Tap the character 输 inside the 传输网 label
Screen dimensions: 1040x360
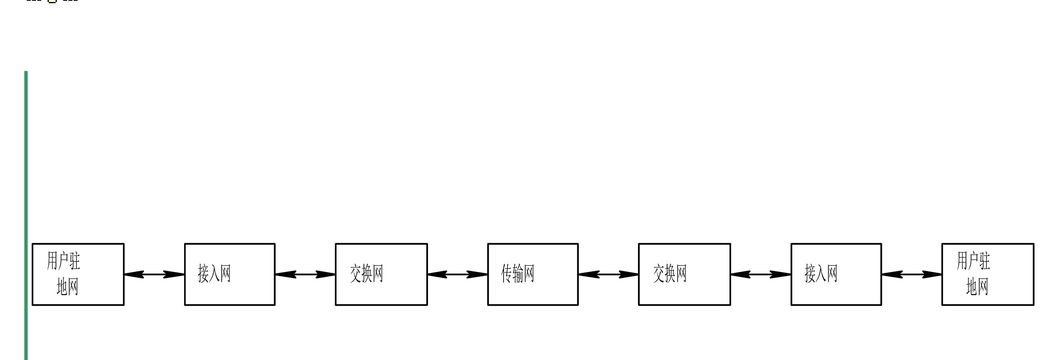click(x=518, y=274)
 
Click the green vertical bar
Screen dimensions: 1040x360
click(x=26, y=216)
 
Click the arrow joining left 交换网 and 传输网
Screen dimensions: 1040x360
click(x=458, y=274)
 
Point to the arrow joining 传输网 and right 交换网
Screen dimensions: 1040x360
click(x=608, y=274)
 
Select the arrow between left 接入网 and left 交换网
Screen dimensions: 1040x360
click(x=305, y=274)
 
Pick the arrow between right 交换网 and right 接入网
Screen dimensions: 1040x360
click(x=761, y=274)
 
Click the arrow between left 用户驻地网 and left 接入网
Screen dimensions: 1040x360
click(x=154, y=274)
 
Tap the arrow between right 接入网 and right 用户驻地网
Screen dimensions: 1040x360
click(x=912, y=274)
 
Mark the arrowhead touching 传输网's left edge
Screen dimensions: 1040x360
click(x=478, y=274)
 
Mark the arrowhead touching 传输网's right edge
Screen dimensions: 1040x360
click(x=589, y=274)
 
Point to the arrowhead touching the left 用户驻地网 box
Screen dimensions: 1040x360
click(x=134, y=274)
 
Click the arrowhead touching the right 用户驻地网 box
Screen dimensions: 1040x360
click(x=932, y=274)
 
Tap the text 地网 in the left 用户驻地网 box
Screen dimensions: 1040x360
click(x=68, y=287)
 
